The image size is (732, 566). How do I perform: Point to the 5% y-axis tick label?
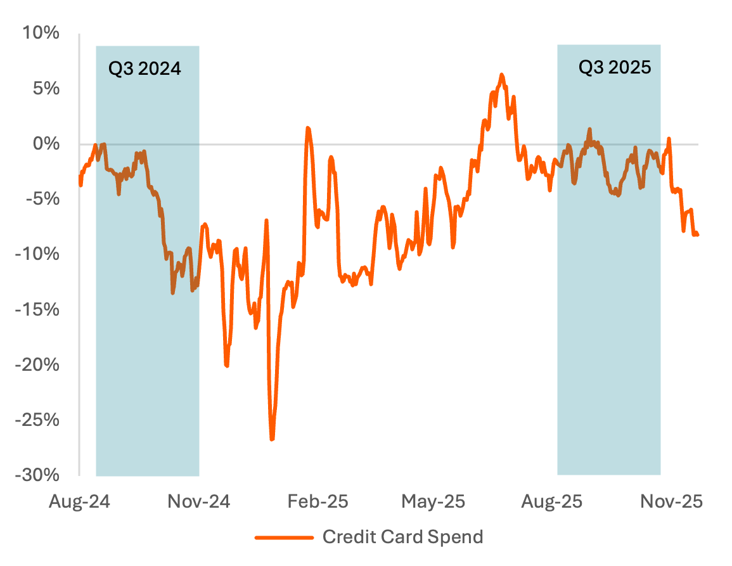point(46,88)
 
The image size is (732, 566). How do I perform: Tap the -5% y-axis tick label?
point(43,199)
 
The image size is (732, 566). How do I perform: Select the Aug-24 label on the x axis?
point(80,501)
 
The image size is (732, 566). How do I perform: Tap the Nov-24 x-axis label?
point(199,501)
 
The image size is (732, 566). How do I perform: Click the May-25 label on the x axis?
point(434,501)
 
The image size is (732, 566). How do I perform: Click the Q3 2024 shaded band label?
point(144,68)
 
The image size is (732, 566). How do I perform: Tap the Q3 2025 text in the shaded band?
point(615,67)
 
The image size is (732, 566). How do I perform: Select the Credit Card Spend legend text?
point(403,537)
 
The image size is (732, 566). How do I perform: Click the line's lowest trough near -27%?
point(272,439)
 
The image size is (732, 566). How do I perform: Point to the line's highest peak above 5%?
point(501,75)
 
